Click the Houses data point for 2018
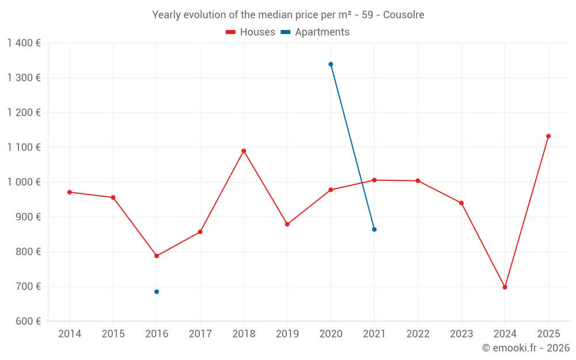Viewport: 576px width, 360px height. tap(244, 151)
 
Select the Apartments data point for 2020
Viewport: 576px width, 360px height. tap(331, 65)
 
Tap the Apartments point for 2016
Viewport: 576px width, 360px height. tap(157, 292)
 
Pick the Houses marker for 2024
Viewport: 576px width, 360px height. tap(505, 287)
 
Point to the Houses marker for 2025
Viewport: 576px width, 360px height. tap(548, 137)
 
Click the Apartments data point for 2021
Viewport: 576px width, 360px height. tap(374, 229)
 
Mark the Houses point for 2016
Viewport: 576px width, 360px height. tap(157, 256)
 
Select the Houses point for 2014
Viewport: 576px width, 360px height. tap(70, 192)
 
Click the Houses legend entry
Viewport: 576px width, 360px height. tap(251, 32)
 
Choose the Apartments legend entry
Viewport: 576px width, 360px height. tap(315, 32)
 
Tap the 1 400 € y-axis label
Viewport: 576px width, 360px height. tap(24, 43)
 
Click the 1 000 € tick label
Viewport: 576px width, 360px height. tap(24, 182)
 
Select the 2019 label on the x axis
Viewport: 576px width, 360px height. tap(287, 334)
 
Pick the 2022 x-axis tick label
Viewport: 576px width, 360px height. tap(418, 334)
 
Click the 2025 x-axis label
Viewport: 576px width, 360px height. tap(548, 334)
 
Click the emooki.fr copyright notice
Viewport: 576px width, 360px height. tap(526, 348)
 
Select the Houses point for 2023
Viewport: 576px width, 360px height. tap(461, 203)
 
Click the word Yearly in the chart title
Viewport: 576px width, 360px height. tap(166, 15)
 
